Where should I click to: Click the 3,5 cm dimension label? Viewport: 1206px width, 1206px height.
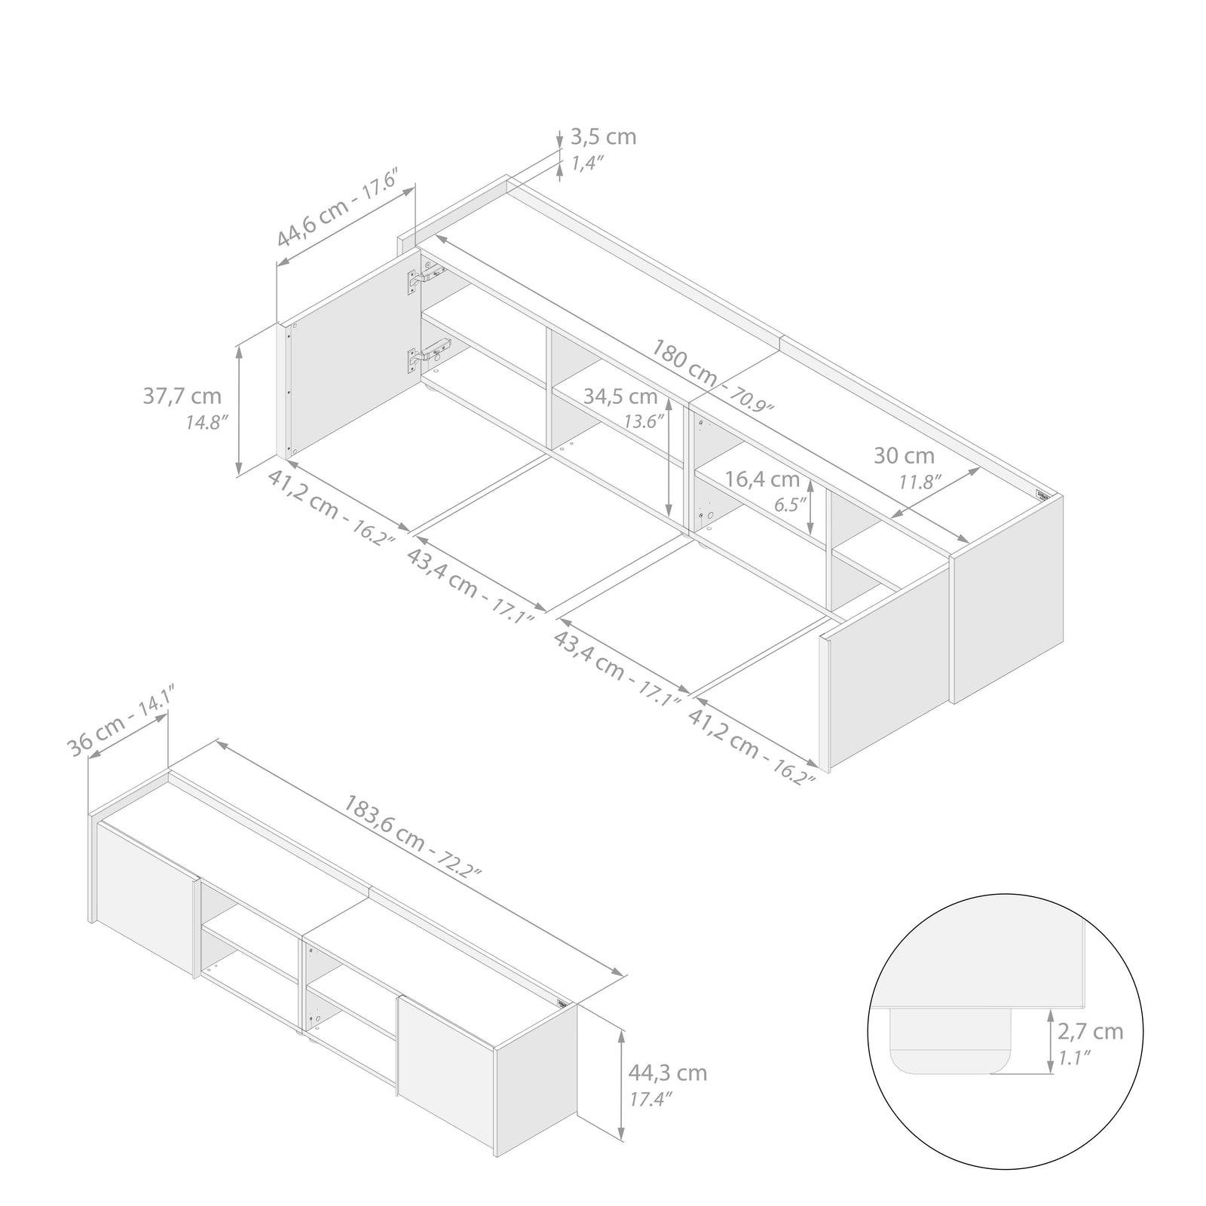pyautogui.click(x=603, y=137)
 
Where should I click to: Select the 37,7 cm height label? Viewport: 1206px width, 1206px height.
pyautogui.click(x=182, y=396)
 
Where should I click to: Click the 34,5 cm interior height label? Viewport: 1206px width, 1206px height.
pyautogui.click(x=620, y=396)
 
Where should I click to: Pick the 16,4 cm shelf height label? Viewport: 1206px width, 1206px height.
pyautogui.click(x=762, y=479)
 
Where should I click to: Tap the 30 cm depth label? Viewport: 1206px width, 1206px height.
pyautogui.click(x=904, y=456)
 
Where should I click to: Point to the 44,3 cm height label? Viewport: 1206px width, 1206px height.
pyautogui.click(x=668, y=1073)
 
